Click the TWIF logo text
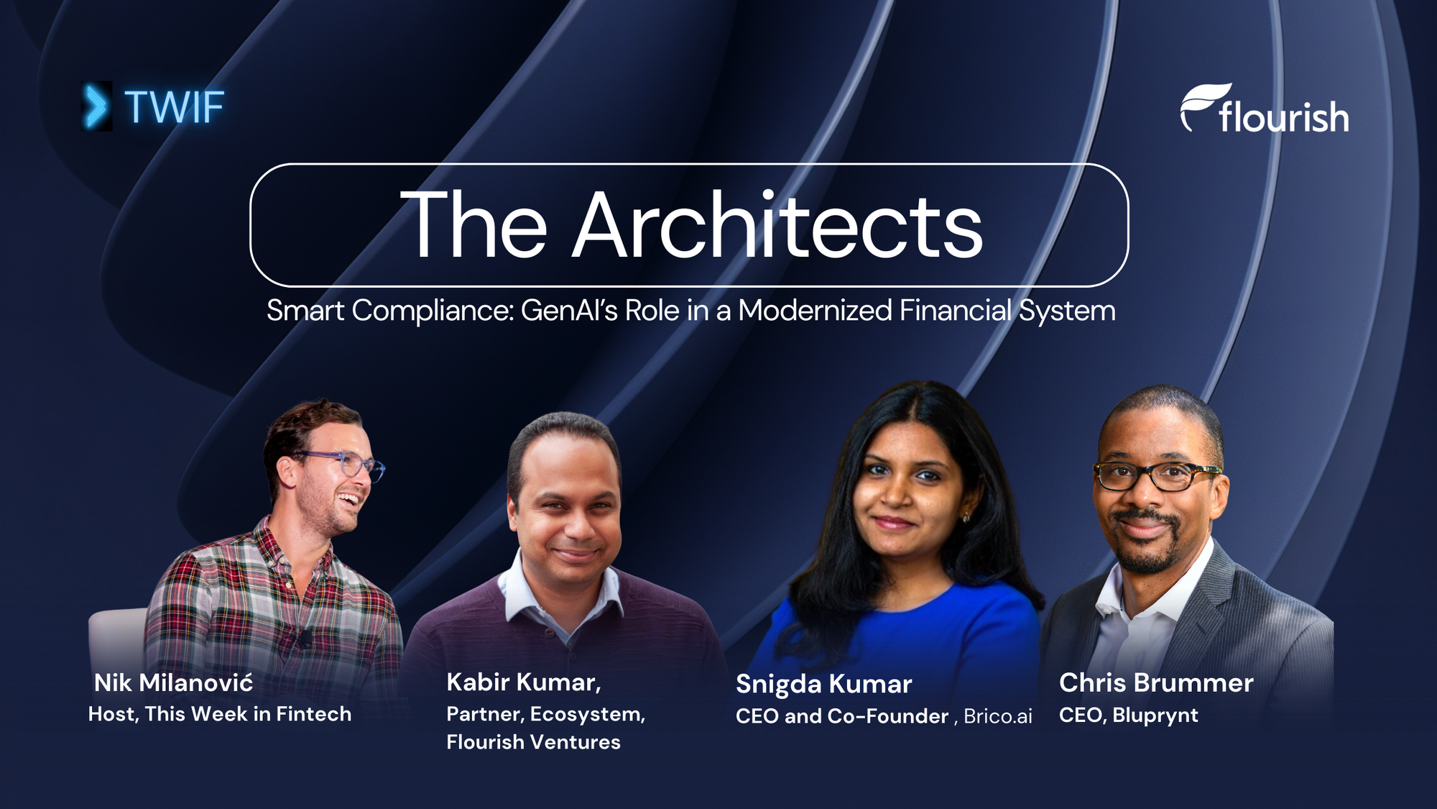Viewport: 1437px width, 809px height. click(174, 107)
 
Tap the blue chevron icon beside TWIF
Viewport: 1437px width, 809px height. click(96, 106)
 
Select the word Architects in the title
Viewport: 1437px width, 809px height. click(777, 225)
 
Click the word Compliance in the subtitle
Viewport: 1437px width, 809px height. click(433, 311)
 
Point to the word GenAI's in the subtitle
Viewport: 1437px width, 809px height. click(569, 311)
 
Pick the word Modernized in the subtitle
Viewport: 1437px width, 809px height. click(815, 311)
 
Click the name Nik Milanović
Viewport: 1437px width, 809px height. click(174, 682)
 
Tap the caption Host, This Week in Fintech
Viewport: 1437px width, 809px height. click(220, 714)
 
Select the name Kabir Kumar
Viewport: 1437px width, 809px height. click(523, 682)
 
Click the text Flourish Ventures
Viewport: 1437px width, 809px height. click(533, 742)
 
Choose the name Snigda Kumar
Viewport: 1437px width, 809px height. click(823, 684)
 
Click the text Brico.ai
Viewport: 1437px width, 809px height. click(998, 716)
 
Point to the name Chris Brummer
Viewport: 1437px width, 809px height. click(1156, 682)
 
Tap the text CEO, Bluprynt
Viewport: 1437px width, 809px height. click(1129, 716)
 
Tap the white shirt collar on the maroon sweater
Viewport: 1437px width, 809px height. click(528, 590)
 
